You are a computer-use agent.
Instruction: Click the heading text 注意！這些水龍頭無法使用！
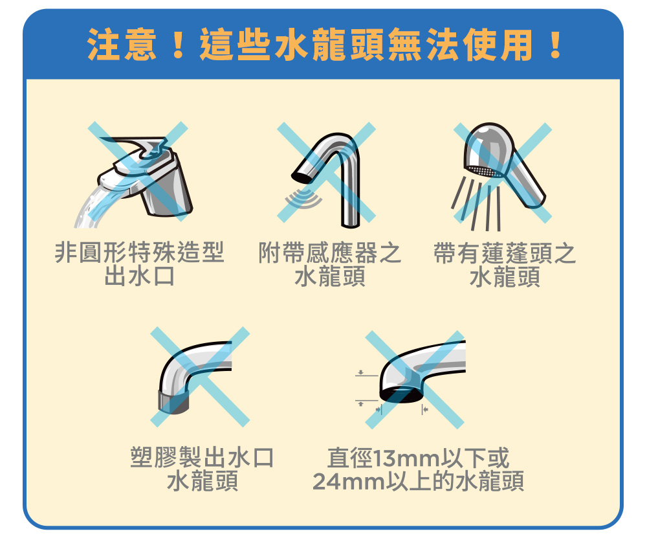point(324,44)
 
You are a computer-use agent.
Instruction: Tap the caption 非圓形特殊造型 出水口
point(140,264)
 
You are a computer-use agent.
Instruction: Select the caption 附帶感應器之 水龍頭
point(330,264)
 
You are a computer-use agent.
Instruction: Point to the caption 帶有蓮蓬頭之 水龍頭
point(505,264)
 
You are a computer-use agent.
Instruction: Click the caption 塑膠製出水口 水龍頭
point(202,469)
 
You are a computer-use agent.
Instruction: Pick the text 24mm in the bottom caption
point(349,481)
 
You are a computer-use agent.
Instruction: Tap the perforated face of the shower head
point(483,172)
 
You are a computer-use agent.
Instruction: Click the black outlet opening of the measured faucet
point(401,395)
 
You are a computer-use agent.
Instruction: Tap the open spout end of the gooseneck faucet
point(302,177)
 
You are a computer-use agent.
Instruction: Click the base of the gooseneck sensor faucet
point(350,222)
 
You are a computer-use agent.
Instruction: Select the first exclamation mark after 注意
point(179,44)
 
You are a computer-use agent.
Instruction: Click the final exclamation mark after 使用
point(555,44)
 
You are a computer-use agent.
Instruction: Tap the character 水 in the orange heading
point(291,44)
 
